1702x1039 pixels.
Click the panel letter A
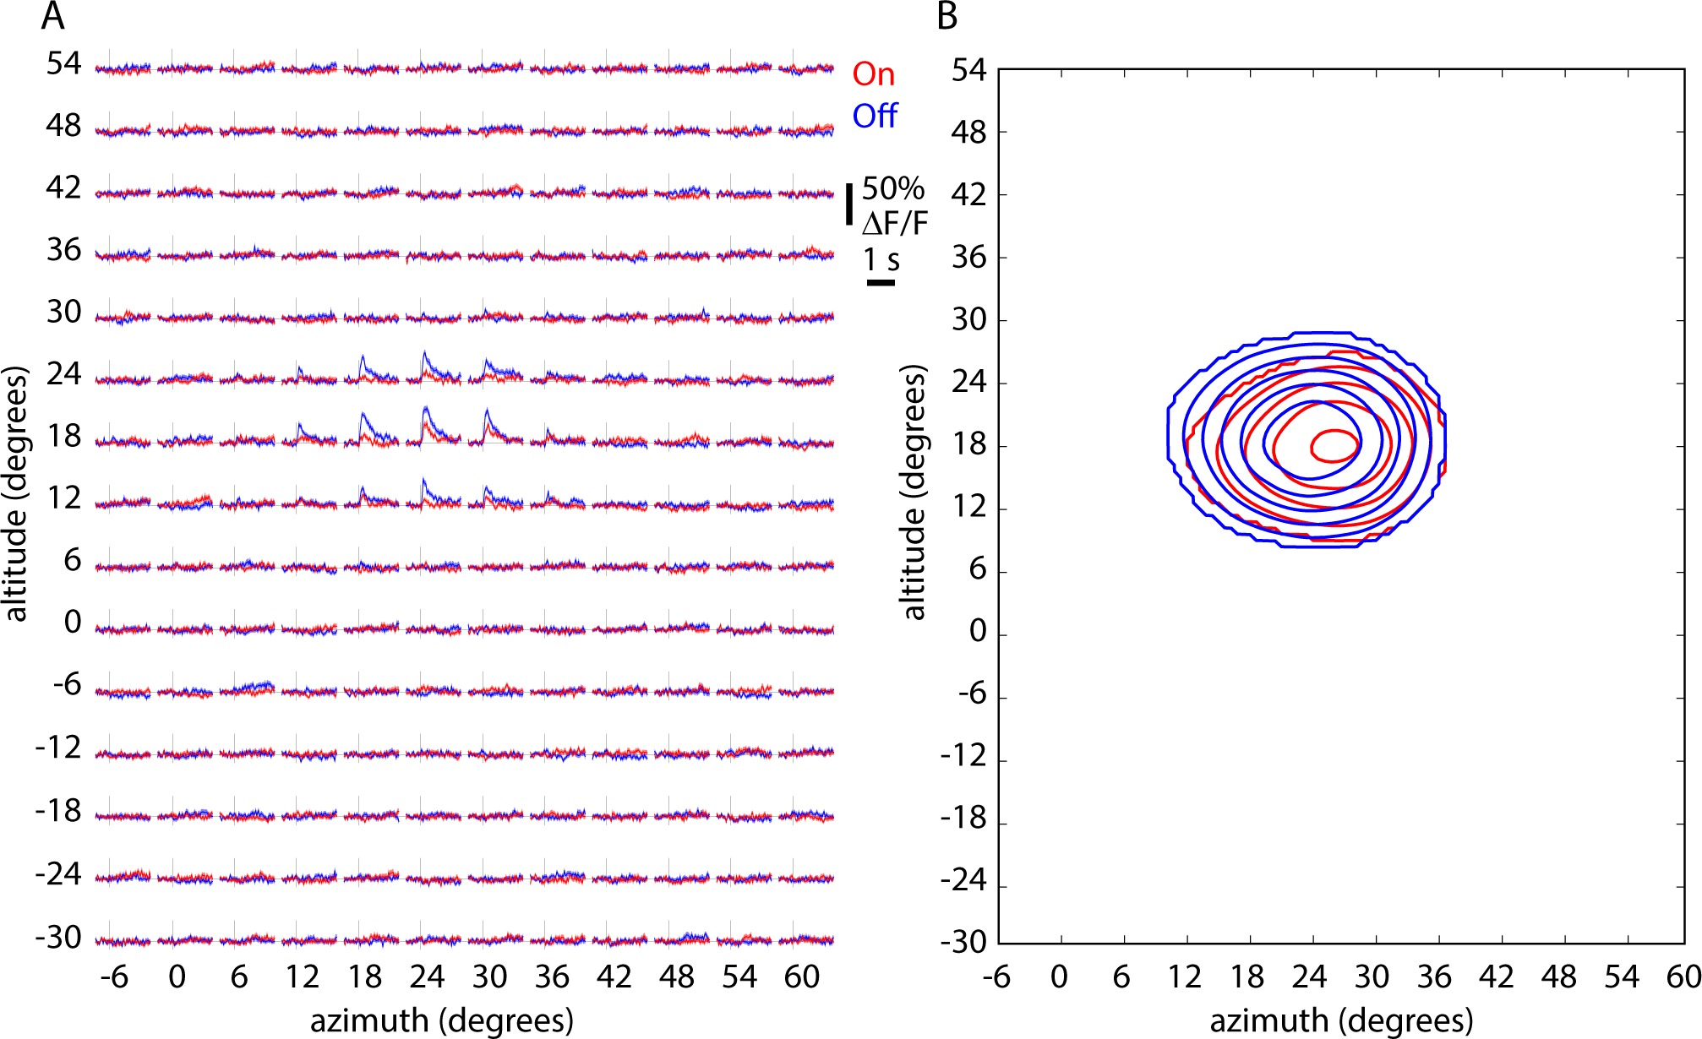(52, 17)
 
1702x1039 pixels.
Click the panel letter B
(947, 17)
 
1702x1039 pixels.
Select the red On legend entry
(873, 74)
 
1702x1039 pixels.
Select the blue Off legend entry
(874, 116)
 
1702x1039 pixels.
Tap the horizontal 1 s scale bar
(881, 282)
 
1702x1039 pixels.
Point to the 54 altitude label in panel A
(63, 63)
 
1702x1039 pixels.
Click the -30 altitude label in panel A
(58, 937)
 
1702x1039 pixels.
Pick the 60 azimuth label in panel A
(801, 977)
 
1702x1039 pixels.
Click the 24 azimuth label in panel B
(1309, 977)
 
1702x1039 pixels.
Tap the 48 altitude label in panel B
(968, 133)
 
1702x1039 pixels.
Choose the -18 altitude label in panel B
(963, 819)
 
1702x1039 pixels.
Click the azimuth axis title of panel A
(441, 1020)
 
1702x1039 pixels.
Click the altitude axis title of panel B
(914, 492)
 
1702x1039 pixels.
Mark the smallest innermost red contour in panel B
(1334, 446)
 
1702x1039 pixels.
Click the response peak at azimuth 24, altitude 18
(426, 409)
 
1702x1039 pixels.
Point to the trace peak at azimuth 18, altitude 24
(363, 356)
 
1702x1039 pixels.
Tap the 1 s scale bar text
(881, 259)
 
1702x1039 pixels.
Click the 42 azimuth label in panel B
(1497, 977)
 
